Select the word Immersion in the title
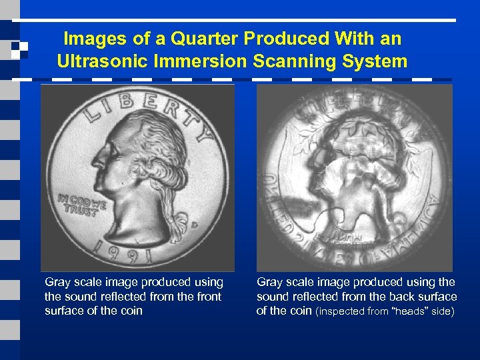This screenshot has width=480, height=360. pyautogui.click(x=196, y=62)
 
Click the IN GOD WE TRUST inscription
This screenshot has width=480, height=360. pyautogui.click(x=82, y=203)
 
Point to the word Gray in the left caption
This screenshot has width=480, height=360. pyautogui.click(x=57, y=283)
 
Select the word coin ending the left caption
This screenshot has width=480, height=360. pyautogui.click(x=130, y=311)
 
